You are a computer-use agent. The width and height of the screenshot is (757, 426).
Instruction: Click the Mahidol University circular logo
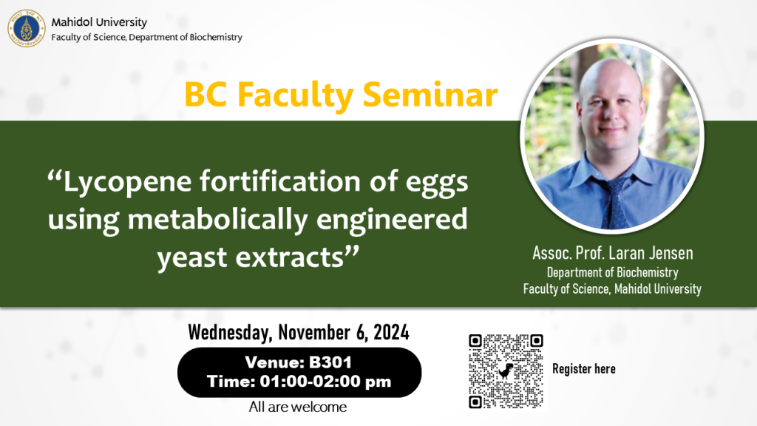point(27,29)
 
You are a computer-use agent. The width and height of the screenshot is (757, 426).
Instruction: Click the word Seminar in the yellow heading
point(430,94)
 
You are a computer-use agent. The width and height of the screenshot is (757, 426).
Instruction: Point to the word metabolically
point(218,219)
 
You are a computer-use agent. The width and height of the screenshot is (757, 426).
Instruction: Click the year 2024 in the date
point(391,332)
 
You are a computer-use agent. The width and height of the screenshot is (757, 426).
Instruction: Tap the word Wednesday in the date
point(230,333)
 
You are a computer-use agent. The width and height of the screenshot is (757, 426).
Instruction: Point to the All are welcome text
point(298,408)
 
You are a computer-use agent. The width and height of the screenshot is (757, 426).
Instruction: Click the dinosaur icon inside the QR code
point(506,371)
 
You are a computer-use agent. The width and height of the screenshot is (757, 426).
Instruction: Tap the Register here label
point(584,369)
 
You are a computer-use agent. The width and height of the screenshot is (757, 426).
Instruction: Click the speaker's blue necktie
point(613,203)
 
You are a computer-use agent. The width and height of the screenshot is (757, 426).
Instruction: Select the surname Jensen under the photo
point(671,253)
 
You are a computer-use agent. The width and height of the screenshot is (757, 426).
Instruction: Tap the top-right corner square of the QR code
point(536,341)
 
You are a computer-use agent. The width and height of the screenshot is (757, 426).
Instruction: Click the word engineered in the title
point(392,220)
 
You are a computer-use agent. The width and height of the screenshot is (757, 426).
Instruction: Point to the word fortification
point(280,182)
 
